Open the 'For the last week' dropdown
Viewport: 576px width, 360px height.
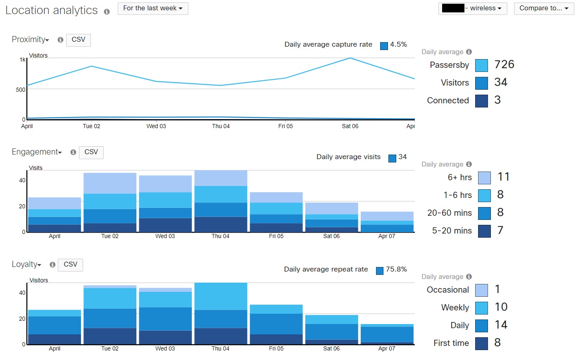tap(153, 8)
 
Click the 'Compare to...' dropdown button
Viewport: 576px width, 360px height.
tap(544, 8)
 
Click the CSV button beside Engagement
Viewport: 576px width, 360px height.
tap(91, 152)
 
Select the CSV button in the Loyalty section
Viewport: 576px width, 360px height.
tap(70, 265)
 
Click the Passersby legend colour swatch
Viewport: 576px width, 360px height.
tap(481, 65)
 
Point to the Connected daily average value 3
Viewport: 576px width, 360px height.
tap(497, 100)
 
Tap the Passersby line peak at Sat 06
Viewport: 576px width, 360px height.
tap(350, 58)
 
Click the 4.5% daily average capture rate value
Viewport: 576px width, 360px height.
tap(398, 45)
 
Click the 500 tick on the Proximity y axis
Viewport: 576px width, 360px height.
tap(21, 90)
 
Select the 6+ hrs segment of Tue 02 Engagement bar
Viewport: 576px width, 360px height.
tap(110, 183)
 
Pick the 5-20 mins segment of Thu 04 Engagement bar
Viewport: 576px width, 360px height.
tap(221, 224)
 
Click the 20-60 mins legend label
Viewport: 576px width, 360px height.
tap(449, 213)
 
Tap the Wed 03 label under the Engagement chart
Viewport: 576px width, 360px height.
tap(165, 236)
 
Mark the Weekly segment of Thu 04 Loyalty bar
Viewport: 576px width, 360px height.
tap(221, 296)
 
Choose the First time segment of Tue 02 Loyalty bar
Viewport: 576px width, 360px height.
tap(110, 336)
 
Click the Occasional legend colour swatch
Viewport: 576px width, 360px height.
tap(481, 290)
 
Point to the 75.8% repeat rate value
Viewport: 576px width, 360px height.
tap(396, 269)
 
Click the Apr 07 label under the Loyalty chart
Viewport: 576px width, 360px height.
tap(387, 348)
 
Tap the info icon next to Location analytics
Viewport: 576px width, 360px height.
tap(107, 12)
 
